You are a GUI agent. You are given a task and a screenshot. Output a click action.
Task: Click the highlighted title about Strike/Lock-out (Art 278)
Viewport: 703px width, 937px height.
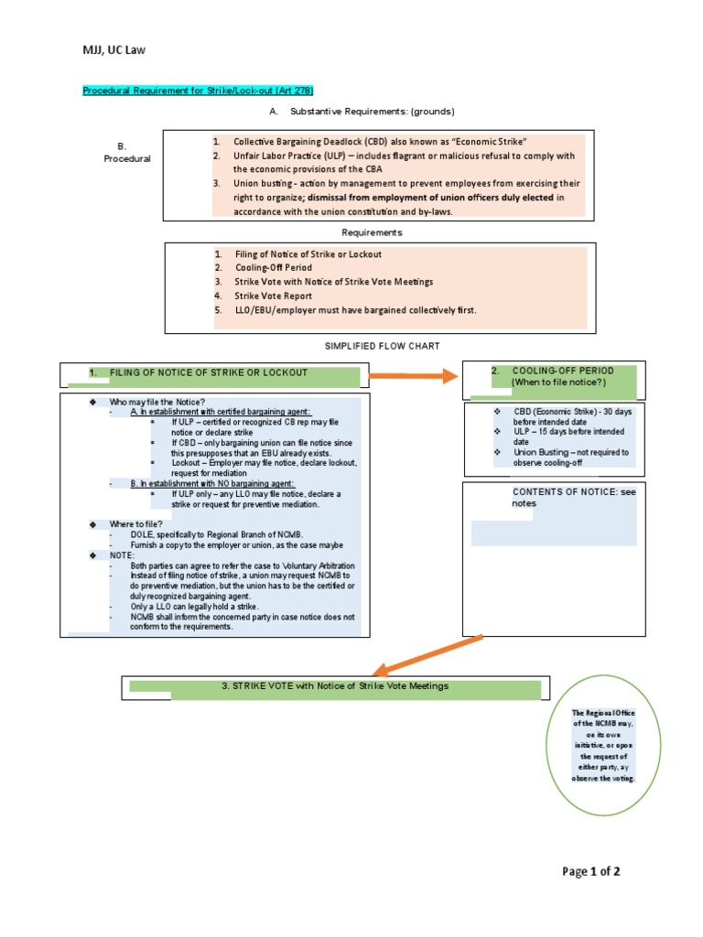click(x=199, y=91)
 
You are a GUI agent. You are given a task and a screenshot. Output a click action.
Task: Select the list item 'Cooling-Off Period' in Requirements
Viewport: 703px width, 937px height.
click(x=273, y=268)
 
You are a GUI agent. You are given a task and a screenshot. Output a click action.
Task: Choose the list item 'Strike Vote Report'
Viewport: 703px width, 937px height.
click(x=273, y=296)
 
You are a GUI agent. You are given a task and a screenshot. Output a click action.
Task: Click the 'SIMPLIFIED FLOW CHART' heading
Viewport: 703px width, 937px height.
click(x=383, y=346)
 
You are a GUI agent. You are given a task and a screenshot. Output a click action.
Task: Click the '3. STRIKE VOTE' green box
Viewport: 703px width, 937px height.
click(x=334, y=686)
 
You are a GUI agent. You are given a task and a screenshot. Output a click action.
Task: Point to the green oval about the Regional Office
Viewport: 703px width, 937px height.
click(x=602, y=745)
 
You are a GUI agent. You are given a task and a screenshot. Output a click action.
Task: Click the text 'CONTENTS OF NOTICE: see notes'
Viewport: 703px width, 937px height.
click(x=572, y=497)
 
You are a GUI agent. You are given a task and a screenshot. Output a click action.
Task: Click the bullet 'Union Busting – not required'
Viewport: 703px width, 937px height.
click(x=570, y=452)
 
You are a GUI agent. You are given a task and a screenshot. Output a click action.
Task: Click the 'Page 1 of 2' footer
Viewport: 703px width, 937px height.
click(x=591, y=871)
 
